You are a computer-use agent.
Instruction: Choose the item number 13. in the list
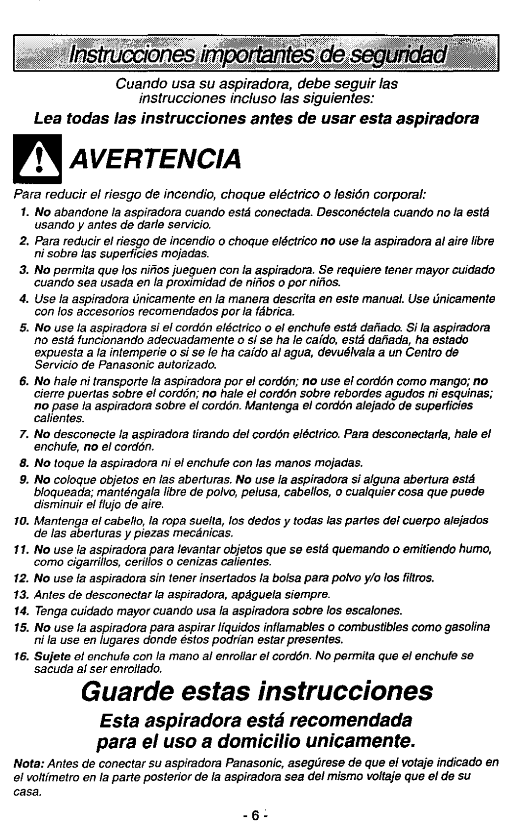point(21,595)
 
